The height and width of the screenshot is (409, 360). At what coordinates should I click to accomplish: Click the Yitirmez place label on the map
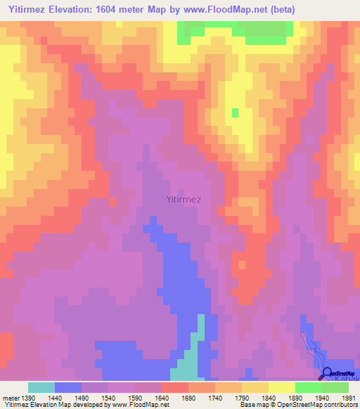coord(184,199)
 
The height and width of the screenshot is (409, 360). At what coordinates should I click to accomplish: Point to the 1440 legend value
coord(56,397)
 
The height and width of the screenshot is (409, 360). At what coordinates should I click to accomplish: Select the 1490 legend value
coord(82,397)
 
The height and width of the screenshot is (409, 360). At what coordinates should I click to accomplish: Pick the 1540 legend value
coord(109,397)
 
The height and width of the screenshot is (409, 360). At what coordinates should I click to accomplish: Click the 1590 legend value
coord(136,397)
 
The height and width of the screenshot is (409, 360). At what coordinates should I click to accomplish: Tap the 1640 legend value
coord(162,397)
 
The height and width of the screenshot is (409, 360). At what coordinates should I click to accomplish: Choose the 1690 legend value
coord(189,397)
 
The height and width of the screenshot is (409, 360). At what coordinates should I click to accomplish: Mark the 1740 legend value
coord(216,397)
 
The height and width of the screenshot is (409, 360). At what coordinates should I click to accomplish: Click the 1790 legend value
coord(243,397)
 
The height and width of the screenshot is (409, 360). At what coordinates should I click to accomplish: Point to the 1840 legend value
coord(269,397)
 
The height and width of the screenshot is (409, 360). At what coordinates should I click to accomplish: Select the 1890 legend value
coord(296,397)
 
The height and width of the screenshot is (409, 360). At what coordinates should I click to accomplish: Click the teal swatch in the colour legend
coord(41,387)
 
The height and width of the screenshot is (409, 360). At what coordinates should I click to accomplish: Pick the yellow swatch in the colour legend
coord(282,387)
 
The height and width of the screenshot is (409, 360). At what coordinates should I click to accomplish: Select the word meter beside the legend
coord(11,397)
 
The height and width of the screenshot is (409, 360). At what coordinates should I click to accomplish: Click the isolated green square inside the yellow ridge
coord(235,112)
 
